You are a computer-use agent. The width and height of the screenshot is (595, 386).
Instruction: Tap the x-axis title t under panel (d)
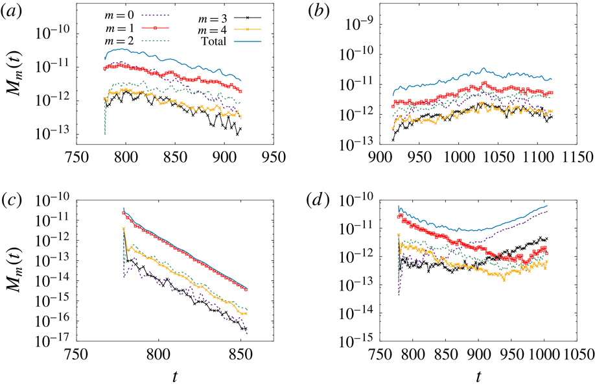point(478,375)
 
